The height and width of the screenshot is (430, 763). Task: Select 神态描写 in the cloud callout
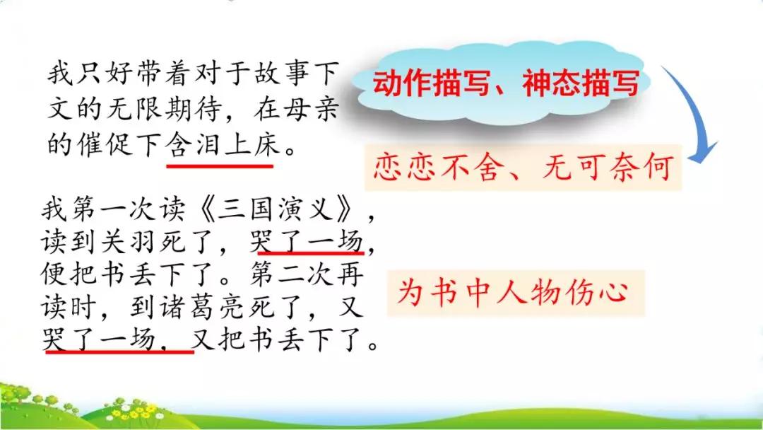pos(581,84)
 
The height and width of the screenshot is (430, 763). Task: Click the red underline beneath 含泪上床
pos(220,165)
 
